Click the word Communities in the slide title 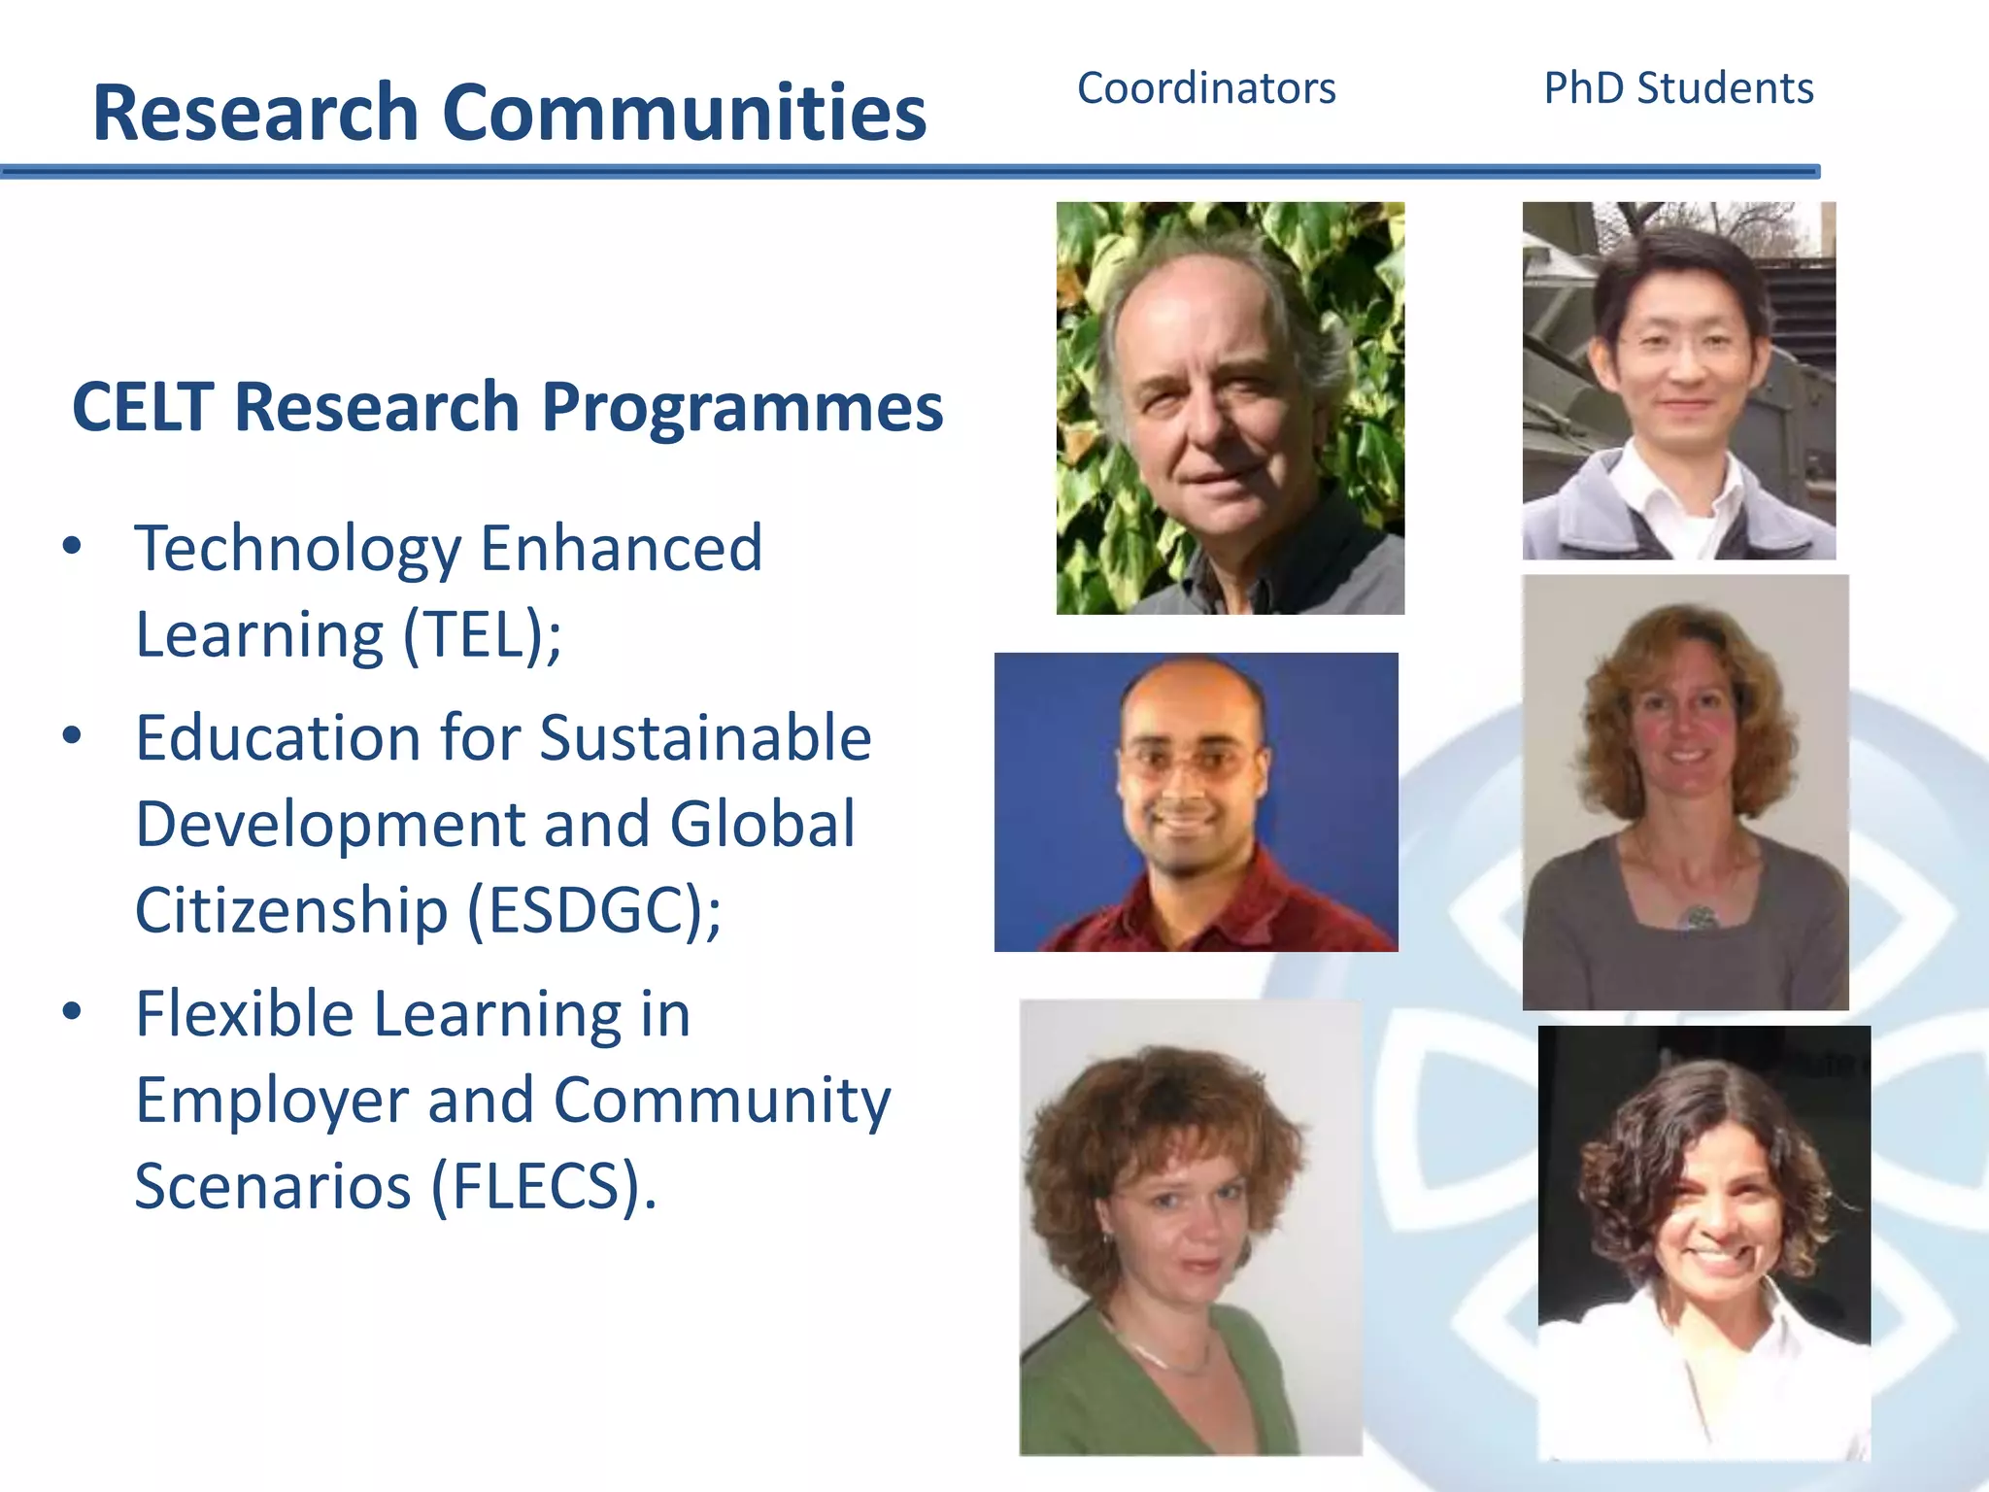(684, 113)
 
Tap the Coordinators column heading (1206, 88)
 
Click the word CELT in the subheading (143, 406)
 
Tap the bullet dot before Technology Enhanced (72, 546)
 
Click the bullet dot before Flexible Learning (72, 1011)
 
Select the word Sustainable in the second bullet (705, 738)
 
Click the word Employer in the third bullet (271, 1101)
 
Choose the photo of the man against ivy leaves (1230, 408)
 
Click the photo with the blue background (1196, 801)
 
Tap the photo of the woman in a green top (1190, 1227)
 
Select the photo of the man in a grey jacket (1678, 381)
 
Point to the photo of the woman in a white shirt (1704, 1242)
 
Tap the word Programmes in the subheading (742, 406)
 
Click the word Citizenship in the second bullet (290, 910)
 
